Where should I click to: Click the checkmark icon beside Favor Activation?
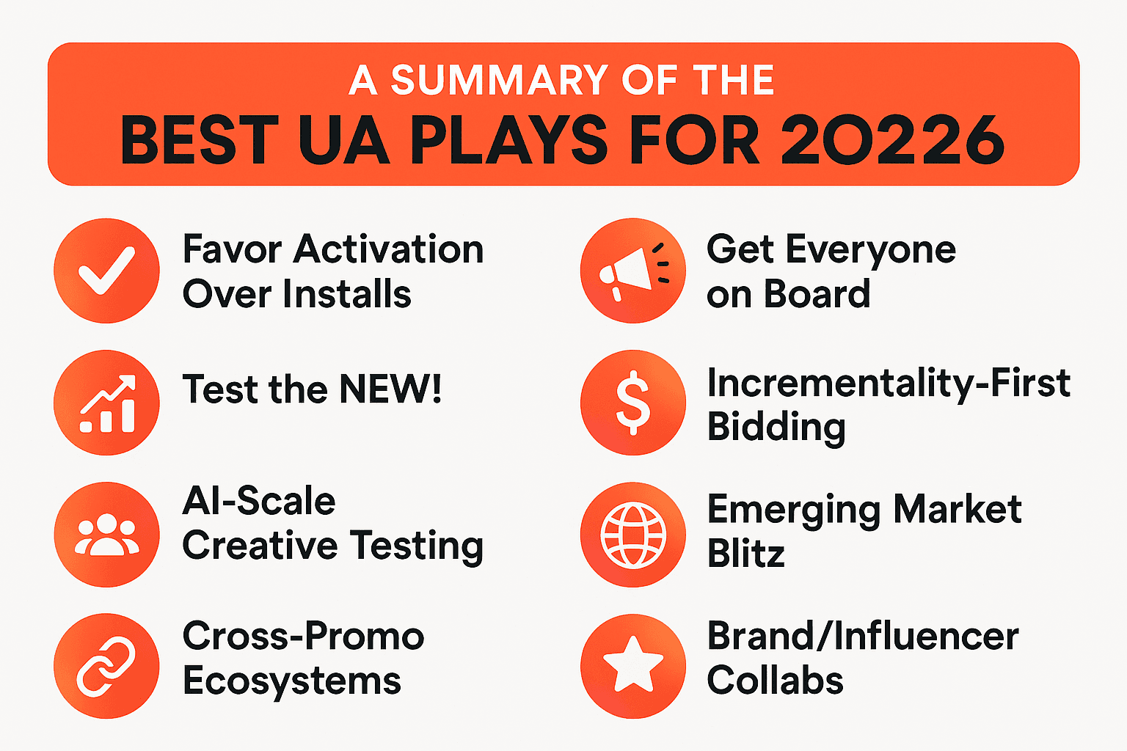pyautogui.click(x=106, y=270)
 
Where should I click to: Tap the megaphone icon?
pyautogui.click(x=632, y=270)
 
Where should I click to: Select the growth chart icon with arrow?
pyautogui.click(x=106, y=402)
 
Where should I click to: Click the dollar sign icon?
pyautogui.click(x=632, y=402)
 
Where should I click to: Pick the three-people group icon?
pyautogui.click(x=106, y=534)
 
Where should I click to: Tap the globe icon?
pyautogui.click(x=632, y=534)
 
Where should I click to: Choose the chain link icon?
pyautogui.click(x=106, y=666)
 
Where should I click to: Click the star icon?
pyautogui.click(x=632, y=666)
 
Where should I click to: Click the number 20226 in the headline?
pyautogui.click(x=891, y=140)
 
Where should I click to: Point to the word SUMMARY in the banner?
pyautogui.click(x=498, y=80)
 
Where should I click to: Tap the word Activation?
pyautogui.click(x=389, y=249)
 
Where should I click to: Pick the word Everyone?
pyautogui.click(x=871, y=251)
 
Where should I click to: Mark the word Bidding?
pyautogui.click(x=776, y=428)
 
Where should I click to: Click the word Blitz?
pyautogui.click(x=745, y=554)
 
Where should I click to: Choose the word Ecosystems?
pyautogui.click(x=291, y=681)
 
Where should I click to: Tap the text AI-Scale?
pyautogui.click(x=259, y=501)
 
